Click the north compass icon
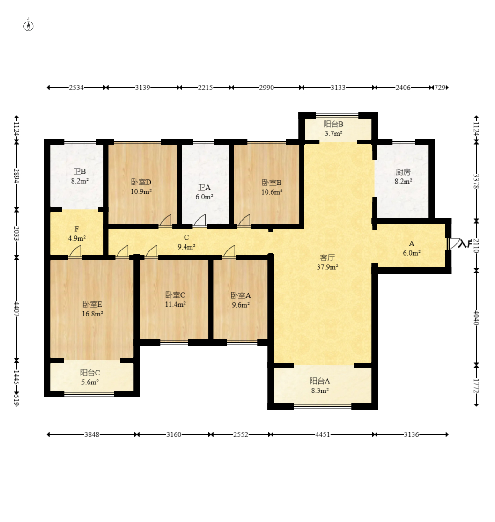(29, 26)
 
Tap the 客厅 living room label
(327, 257)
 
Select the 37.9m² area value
(327, 267)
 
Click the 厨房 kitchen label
(403, 172)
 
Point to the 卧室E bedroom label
(92, 304)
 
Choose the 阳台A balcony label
(320, 381)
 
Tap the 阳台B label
(333, 125)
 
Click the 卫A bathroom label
(204, 187)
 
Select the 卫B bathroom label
(80, 171)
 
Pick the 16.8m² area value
(92, 314)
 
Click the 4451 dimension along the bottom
(323, 434)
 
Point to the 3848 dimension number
(92, 434)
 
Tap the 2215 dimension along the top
(205, 88)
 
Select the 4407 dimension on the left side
(16, 309)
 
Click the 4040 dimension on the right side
(476, 318)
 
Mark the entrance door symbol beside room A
(454, 244)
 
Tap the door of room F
(75, 252)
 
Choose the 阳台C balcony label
(90, 373)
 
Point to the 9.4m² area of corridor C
(186, 247)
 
